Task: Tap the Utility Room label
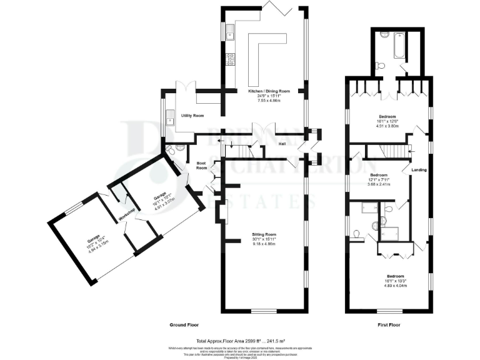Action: [193, 116]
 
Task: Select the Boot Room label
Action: [201, 166]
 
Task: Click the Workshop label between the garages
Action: [127, 216]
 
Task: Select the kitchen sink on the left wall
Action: [229, 31]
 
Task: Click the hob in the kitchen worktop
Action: [229, 59]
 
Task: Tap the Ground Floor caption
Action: [184, 325]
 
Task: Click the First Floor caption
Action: [389, 325]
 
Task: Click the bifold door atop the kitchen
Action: [274, 9]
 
